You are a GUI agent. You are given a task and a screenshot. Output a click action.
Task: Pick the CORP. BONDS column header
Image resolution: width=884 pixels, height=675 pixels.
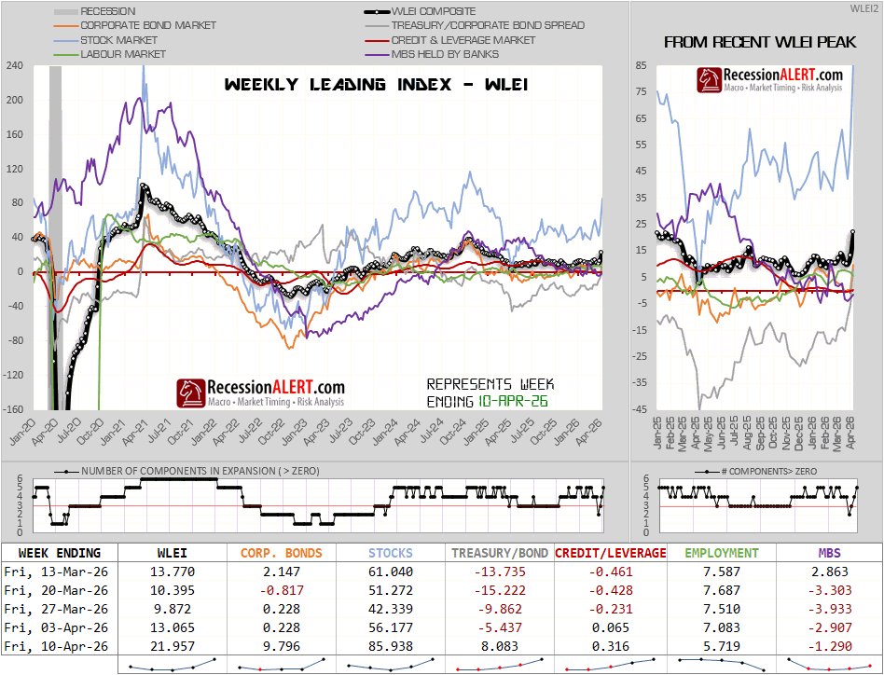click(282, 553)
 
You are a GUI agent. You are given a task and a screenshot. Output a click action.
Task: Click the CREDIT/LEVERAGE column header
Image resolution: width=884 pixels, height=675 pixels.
click(611, 553)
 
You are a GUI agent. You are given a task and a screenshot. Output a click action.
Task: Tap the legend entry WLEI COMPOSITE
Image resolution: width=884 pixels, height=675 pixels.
click(434, 11)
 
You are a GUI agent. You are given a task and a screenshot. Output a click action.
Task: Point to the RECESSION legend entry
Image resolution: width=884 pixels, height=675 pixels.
click(107, 11)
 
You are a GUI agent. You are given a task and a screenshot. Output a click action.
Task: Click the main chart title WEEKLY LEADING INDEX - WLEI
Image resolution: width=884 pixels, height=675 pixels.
click(377, 85)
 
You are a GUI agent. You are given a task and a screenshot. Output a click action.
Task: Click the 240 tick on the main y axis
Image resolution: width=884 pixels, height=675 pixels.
click(14, 66)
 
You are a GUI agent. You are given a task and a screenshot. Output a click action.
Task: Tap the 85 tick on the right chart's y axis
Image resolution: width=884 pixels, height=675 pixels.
click(642, 66)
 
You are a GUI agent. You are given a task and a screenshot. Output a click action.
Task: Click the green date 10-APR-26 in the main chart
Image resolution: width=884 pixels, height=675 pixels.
click(514, 400)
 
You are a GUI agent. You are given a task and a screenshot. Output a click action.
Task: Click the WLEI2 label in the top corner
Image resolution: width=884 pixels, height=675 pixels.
click(863, 7)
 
